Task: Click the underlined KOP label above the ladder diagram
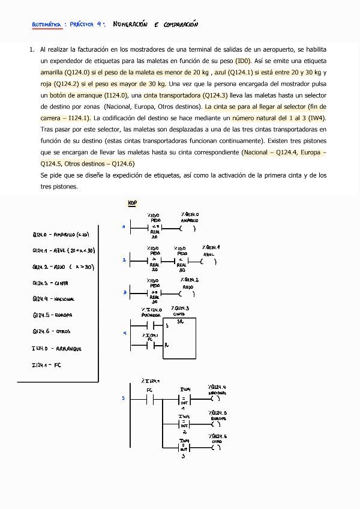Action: tap(132, 203)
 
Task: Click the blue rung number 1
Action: tap(123, 227)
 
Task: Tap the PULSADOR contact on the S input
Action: tap(151, 325)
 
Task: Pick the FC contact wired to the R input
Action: tap(151, 346)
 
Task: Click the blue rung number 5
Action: tap(124, 398)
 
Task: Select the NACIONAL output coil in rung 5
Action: tap(217, 398)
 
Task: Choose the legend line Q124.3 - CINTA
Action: tap(50, 283)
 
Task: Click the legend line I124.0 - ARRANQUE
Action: tap(57, 348)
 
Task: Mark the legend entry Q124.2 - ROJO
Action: tap(62, 267)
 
